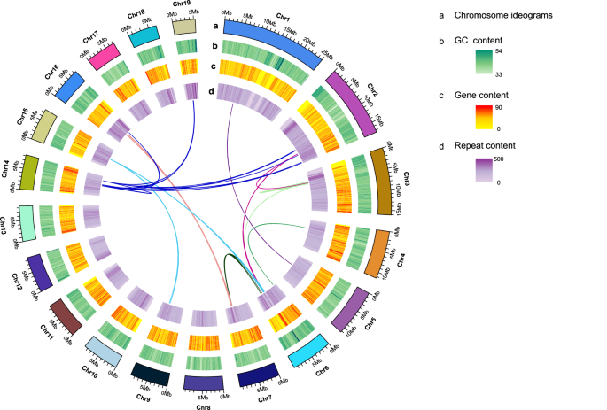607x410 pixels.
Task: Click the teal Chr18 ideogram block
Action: [x=144, y=36]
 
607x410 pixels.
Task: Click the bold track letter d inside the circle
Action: [x=209, y=87]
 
